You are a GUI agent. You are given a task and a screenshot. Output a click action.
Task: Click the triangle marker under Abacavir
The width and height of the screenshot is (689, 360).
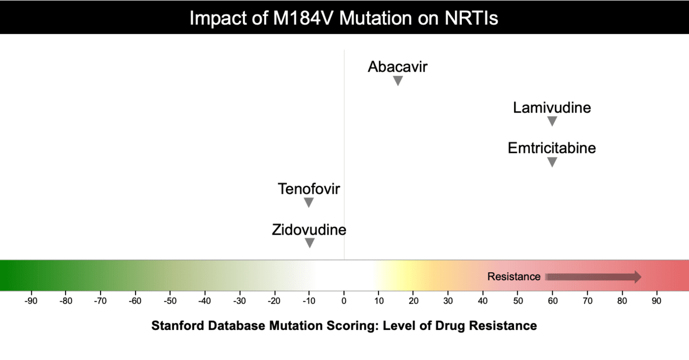coord(398,81)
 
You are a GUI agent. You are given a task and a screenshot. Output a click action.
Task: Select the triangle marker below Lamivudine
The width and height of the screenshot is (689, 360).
coord(552,121)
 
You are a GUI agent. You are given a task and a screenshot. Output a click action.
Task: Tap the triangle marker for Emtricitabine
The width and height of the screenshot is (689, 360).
coord(552,162)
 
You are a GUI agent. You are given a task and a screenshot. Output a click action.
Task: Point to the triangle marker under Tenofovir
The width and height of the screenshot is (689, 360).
coord(308,202)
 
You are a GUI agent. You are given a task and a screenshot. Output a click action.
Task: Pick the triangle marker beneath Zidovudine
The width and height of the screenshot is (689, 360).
coord(310,243)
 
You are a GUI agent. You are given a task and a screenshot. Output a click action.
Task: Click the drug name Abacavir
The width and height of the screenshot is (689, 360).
coord(398,67)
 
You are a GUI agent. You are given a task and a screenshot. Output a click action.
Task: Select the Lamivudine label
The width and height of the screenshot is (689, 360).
coord(552,108)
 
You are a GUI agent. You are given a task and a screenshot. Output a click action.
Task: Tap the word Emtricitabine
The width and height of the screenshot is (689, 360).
coord(552,148)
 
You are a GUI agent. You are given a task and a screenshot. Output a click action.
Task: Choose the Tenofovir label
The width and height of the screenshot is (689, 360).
coord(309,189)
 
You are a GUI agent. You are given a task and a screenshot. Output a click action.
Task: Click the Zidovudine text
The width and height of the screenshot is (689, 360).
coord(309,230)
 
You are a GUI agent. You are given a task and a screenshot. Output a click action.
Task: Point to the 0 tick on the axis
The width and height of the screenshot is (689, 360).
coord(344,301)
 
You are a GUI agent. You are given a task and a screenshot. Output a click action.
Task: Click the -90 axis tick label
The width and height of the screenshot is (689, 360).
coord(31,301)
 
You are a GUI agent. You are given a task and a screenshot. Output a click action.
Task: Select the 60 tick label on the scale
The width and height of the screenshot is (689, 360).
coord(552,301)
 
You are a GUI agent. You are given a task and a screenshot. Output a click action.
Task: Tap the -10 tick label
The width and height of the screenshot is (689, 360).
coord(308,301)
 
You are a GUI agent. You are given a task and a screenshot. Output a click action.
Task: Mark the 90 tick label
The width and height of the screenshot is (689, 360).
coord(657,301)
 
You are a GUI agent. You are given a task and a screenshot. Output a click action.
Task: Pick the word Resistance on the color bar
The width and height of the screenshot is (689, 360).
coord(514,277)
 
